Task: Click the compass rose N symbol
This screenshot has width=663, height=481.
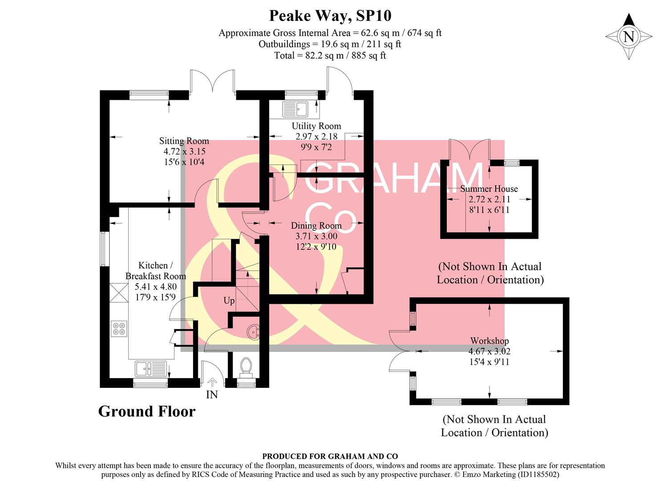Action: coord(629,37)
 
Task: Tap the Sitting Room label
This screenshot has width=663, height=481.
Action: coord(184,141)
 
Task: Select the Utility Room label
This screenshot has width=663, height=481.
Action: coord(316,126)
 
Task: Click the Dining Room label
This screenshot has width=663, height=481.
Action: coord(316,226)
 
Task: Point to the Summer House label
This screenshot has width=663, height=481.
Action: coord(489,189)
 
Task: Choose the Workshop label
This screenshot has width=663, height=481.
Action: coord(489,341)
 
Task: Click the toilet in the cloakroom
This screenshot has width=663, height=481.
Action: coord(246,368)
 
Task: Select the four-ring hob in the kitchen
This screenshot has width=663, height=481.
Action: coord(119,329)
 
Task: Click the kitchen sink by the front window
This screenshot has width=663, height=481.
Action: coord(150,369)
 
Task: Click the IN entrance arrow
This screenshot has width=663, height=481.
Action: coord(212,382)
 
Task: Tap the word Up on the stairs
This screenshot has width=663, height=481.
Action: coord(229,301)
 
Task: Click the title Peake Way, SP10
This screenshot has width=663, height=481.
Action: coord(330,16)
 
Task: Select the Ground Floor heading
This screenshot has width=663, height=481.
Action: coord(147,411)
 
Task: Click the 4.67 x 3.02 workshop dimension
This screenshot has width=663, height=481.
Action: coord(489,351)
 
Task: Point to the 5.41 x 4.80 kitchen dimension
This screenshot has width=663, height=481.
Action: coord(156,287)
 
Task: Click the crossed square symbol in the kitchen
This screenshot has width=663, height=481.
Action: coord(119,293)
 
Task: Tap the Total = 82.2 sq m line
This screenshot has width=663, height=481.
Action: coord(330,56)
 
